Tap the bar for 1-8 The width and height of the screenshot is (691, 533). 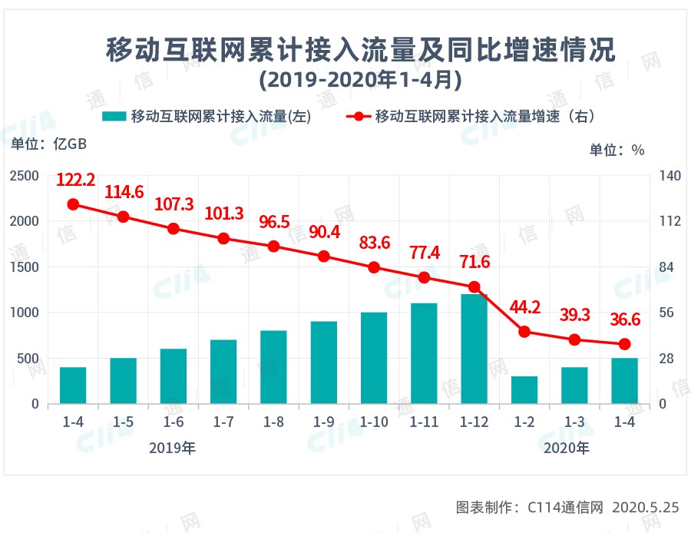[x=274, y=367]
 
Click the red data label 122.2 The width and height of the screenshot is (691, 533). [x=75, y=180]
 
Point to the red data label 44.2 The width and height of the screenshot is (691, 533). [x=525, y=308]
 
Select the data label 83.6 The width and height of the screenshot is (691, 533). [x=374, y=243]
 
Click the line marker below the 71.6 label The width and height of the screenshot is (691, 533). [x=474, y=287]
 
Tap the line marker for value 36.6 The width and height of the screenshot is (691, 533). [x=624, y=344]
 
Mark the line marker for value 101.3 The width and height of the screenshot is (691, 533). [x=223, y=239]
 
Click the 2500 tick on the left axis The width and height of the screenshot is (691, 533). [x=25, y=176]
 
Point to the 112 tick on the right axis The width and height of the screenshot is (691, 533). [x=670, y=221]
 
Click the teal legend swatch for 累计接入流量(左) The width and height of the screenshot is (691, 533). [x=114, y=117]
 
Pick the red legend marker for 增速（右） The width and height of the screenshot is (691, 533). [x=358, y=117]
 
